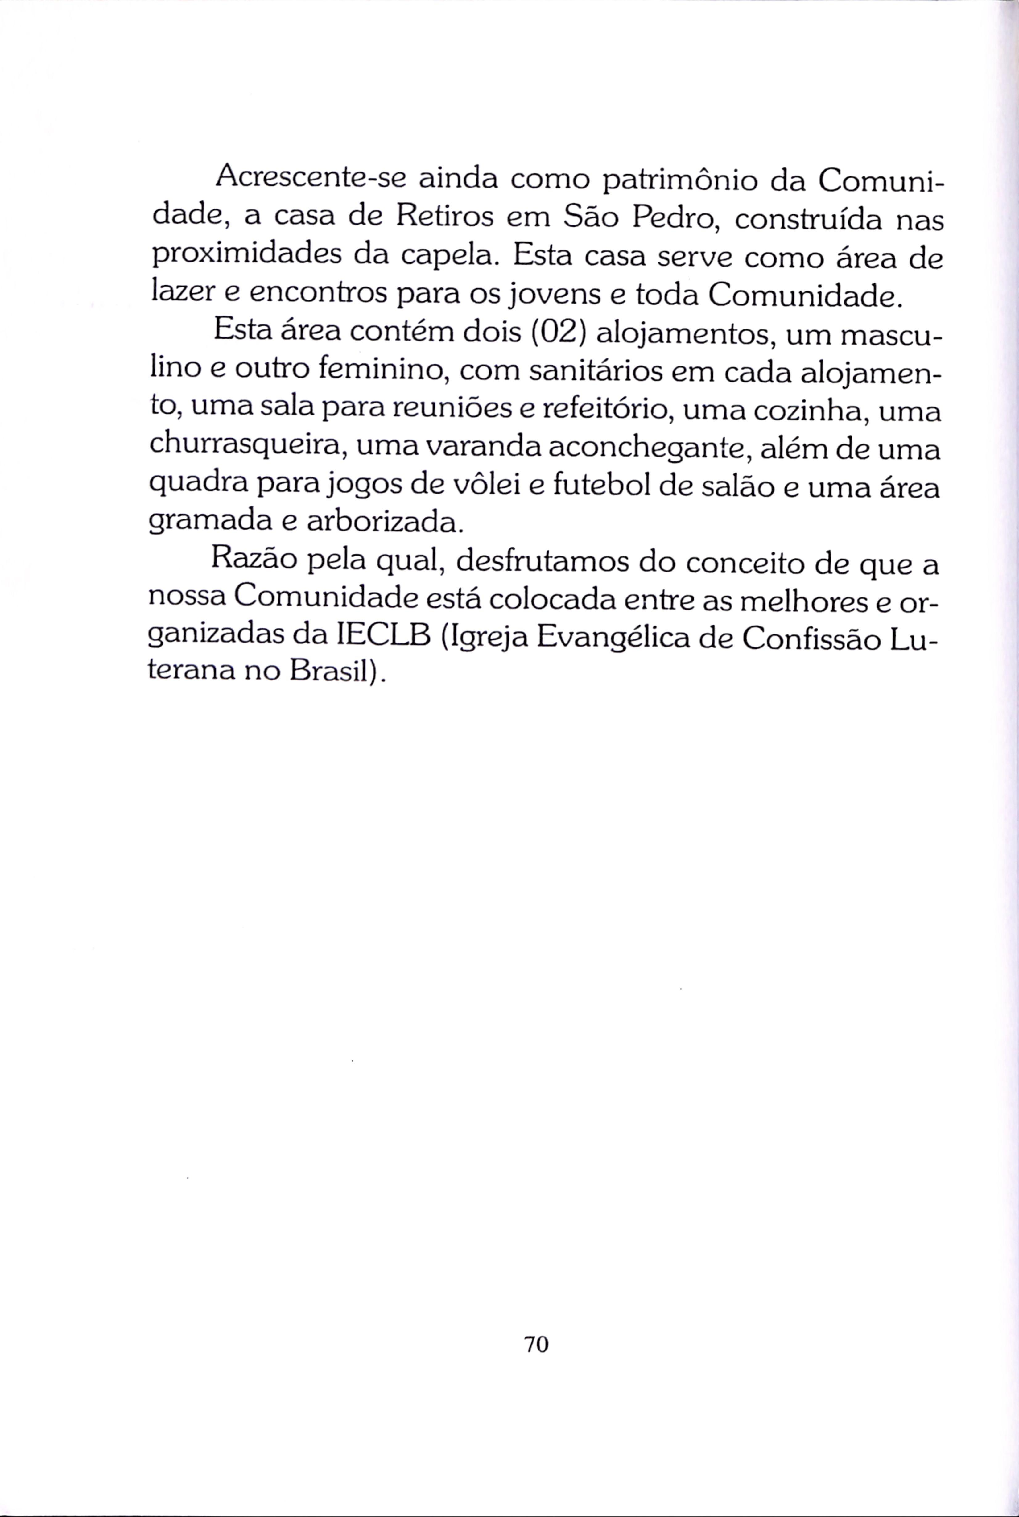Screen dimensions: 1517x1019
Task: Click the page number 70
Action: click(536, 1343)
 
